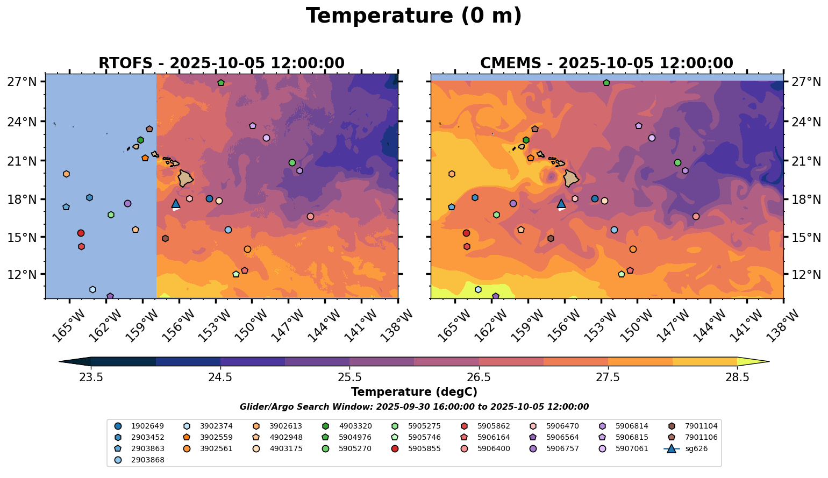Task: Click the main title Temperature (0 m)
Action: point(413,16)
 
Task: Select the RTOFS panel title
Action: point(221,63)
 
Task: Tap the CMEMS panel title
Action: point(606,63)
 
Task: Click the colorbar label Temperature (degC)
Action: point(414,392)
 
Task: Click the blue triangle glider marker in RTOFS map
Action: point(176,203)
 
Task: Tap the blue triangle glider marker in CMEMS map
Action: point(561,203)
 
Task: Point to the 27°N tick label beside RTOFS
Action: point(22,82)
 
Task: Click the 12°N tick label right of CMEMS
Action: point(806,275)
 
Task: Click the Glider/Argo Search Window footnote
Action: point(414,407)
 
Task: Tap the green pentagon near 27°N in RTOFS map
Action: point(221,83)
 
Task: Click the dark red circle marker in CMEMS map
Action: point(466,233)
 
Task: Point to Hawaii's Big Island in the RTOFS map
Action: point(185,178)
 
